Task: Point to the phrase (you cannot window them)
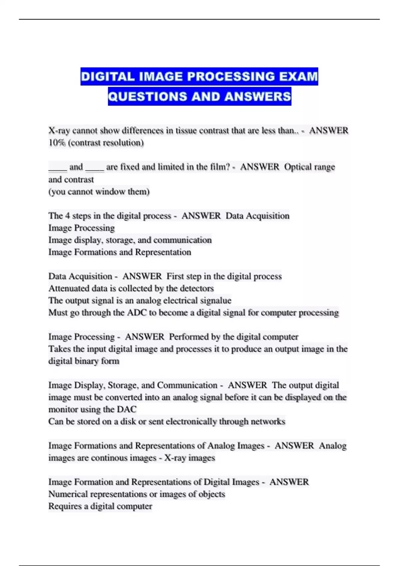tap(99, 192)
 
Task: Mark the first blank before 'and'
tap(58, 167)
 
